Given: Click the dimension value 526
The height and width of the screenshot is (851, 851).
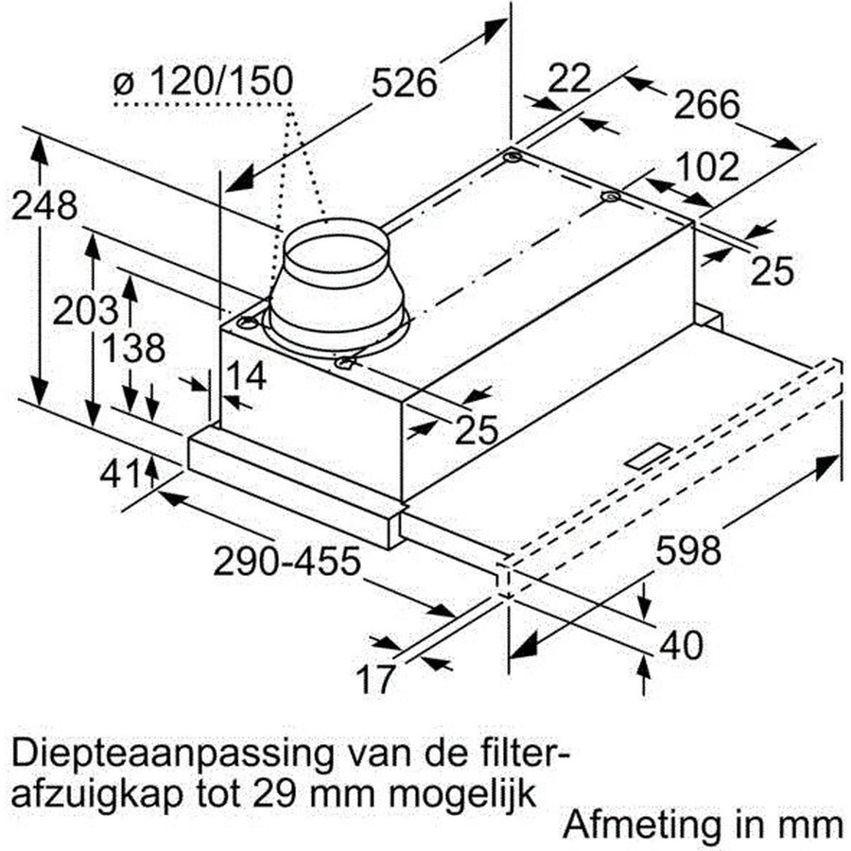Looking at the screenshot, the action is (405, 83).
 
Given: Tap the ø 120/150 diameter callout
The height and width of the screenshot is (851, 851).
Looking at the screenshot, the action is (203, 81).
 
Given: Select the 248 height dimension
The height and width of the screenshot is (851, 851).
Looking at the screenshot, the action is (44, 206).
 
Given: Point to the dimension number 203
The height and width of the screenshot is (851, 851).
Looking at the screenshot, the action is (85, 310).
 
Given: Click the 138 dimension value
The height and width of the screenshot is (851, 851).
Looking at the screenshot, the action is (133, 348).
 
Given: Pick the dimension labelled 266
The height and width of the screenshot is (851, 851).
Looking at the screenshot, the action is (706, 104).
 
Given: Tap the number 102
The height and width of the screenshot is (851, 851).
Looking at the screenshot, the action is (707, 166).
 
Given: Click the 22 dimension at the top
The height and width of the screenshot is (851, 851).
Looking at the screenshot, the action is (569, 78).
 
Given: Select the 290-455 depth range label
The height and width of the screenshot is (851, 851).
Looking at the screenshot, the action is (287, 561).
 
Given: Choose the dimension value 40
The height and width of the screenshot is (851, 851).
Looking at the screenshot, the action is (681, 645).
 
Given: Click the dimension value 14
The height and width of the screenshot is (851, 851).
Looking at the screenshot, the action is (245, 375).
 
